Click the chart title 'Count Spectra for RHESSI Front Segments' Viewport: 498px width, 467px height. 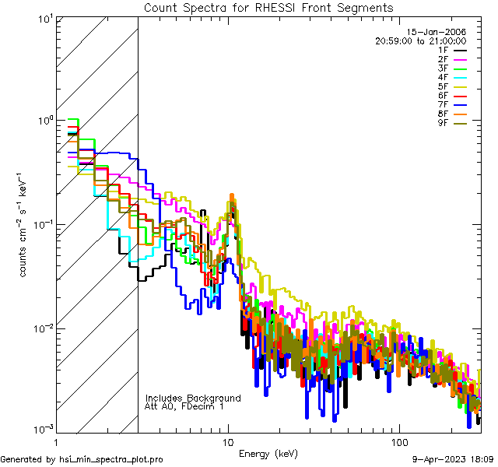tap(268, 7)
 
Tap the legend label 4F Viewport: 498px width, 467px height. tap(443, 77)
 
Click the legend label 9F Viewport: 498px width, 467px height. tap(443, 123)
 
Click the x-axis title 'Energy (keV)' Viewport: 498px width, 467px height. tap(268, 453)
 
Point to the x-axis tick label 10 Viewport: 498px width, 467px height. tap(228, 441)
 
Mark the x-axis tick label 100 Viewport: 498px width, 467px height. tap(398, 441)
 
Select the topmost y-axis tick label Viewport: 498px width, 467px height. tap(44, 19)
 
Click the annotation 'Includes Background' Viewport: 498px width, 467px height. tap(193, 398)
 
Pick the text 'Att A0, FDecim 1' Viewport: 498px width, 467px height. tap(184, 406)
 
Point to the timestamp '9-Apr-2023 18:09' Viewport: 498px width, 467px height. tap(454, 459)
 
